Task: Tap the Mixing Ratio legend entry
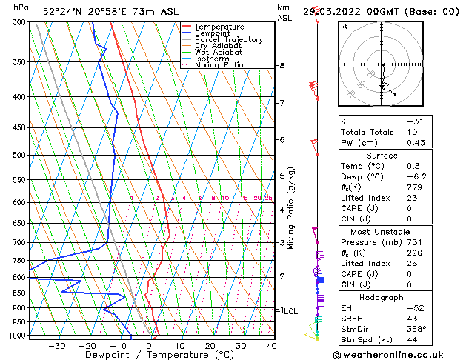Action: pyautogui.click(x=219, y=65)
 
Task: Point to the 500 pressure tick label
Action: pyautogui.click(x=19, y=155)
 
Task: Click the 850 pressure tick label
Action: pyautogui.click(x=19, y=293)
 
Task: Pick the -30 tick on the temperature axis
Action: pyautogui.click(x=56, y=345)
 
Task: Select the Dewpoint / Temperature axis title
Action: pyautogui.click(x=150, y=355)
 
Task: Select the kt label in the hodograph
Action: pyautogui.click(x=344, y=26)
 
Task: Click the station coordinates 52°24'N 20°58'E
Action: pyautogui.click(x=86, y=11)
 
